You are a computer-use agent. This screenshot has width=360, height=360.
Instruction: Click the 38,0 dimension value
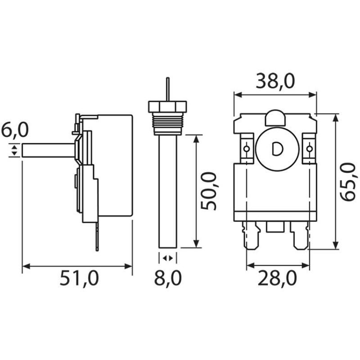click(x=275, y=81)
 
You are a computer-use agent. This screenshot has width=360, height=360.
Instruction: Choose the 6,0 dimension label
click(x=14, y=131)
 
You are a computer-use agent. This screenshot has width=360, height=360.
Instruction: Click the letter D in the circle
click(x=277, y=149)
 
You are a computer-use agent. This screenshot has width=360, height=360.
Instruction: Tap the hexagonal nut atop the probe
click(x=167, y=107)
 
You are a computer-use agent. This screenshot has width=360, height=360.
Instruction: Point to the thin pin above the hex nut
click(x=167, y=89)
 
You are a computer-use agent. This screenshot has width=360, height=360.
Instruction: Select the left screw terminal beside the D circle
click(x=247, y=148)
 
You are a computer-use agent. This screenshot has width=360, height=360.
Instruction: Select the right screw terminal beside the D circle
click(x=309, y=148)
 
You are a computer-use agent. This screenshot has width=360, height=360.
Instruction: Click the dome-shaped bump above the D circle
click(x=275, y=118)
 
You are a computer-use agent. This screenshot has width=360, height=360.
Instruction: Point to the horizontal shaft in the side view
click(x=47, y=150)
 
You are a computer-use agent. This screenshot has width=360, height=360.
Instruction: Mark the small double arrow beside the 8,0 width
click(x=167, y=258)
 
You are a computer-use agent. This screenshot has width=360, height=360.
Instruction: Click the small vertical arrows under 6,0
click(x=15, y=150)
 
